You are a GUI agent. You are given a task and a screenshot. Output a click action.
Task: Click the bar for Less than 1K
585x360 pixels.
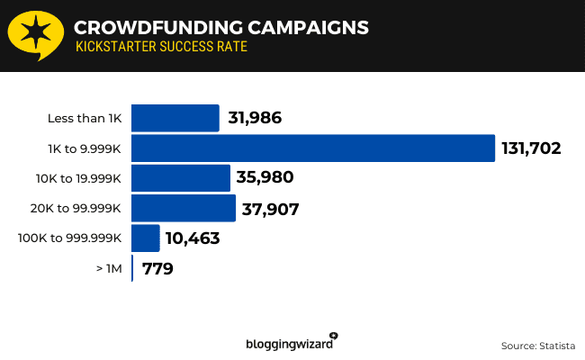pos(175,118)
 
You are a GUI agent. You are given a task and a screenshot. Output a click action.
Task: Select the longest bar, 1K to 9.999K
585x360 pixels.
pos(313,148)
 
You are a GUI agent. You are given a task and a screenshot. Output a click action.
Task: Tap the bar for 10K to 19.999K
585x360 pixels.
pos(181,177)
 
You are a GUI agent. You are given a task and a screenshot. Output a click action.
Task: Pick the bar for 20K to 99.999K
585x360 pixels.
pos(184,208)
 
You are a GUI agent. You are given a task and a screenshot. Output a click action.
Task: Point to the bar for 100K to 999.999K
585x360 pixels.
pos(146,238)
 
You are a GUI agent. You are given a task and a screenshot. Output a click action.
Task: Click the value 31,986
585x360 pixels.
pos(255,119)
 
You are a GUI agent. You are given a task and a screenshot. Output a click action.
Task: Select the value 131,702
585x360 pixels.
pos(532,148)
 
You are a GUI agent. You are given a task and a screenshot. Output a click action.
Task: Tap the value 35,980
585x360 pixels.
pos(265,178)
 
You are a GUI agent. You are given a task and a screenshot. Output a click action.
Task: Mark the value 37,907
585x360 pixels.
pos(270,209)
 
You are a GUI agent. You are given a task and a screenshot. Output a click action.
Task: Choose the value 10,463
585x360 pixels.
pos(193,239)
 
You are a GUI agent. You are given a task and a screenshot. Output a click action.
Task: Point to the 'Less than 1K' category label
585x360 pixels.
pos(85,119)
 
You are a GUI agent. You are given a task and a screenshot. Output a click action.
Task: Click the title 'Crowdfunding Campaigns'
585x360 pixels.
pos(220,27)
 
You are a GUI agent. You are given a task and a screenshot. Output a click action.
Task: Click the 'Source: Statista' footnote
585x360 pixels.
pos(536,345)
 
